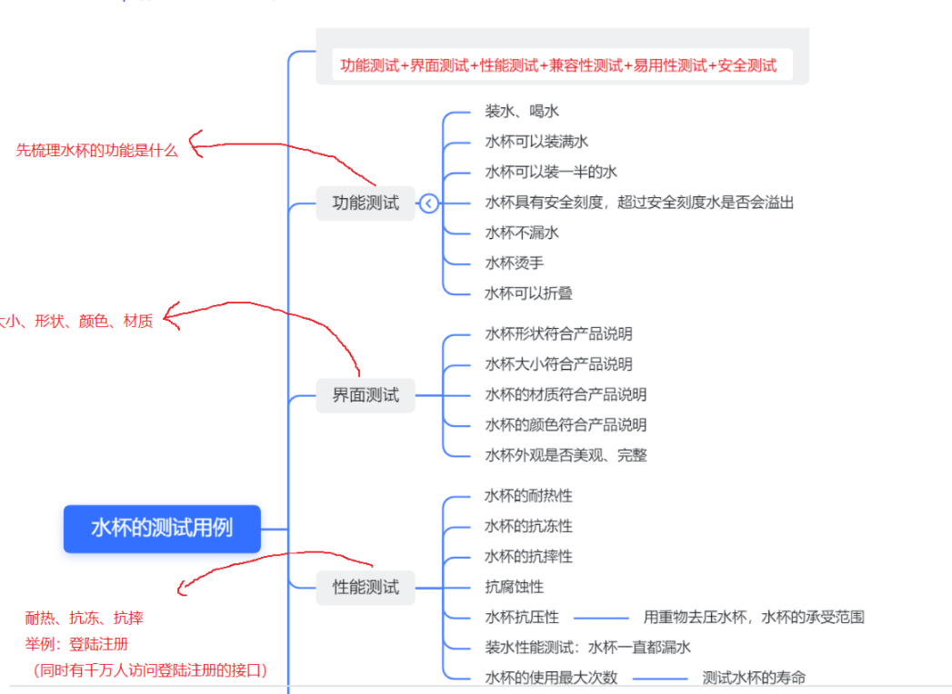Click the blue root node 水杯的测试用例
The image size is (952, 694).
pos(162,528)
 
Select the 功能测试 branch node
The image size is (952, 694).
pos(366,203)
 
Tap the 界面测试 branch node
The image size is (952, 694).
pos(366,395)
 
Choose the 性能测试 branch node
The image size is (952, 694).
pos(366,587)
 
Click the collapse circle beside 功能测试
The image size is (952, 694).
pos(429,203)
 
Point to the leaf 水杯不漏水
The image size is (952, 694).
pos(522,233)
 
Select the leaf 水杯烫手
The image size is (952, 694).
pos(515,263)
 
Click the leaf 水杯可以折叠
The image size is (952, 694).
pos(528,293)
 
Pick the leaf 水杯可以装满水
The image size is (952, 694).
pos(536,142)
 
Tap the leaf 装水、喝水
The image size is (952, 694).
pos(522,111)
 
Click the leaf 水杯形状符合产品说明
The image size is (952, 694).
pos(558,333)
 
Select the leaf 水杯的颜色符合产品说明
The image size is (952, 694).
pos(566,424)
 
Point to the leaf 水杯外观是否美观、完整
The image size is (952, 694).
pos(566,455)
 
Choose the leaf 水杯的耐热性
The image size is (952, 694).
pos(528,496)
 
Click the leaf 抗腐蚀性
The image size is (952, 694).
pos(515,587)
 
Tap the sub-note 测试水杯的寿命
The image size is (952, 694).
pos(754,678)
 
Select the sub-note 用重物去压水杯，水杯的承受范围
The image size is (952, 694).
pos(754,617)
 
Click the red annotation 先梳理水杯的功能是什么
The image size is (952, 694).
pos(97,151)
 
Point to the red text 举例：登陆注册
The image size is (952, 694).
pos(76,644)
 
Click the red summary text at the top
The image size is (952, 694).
pos(558,65)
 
